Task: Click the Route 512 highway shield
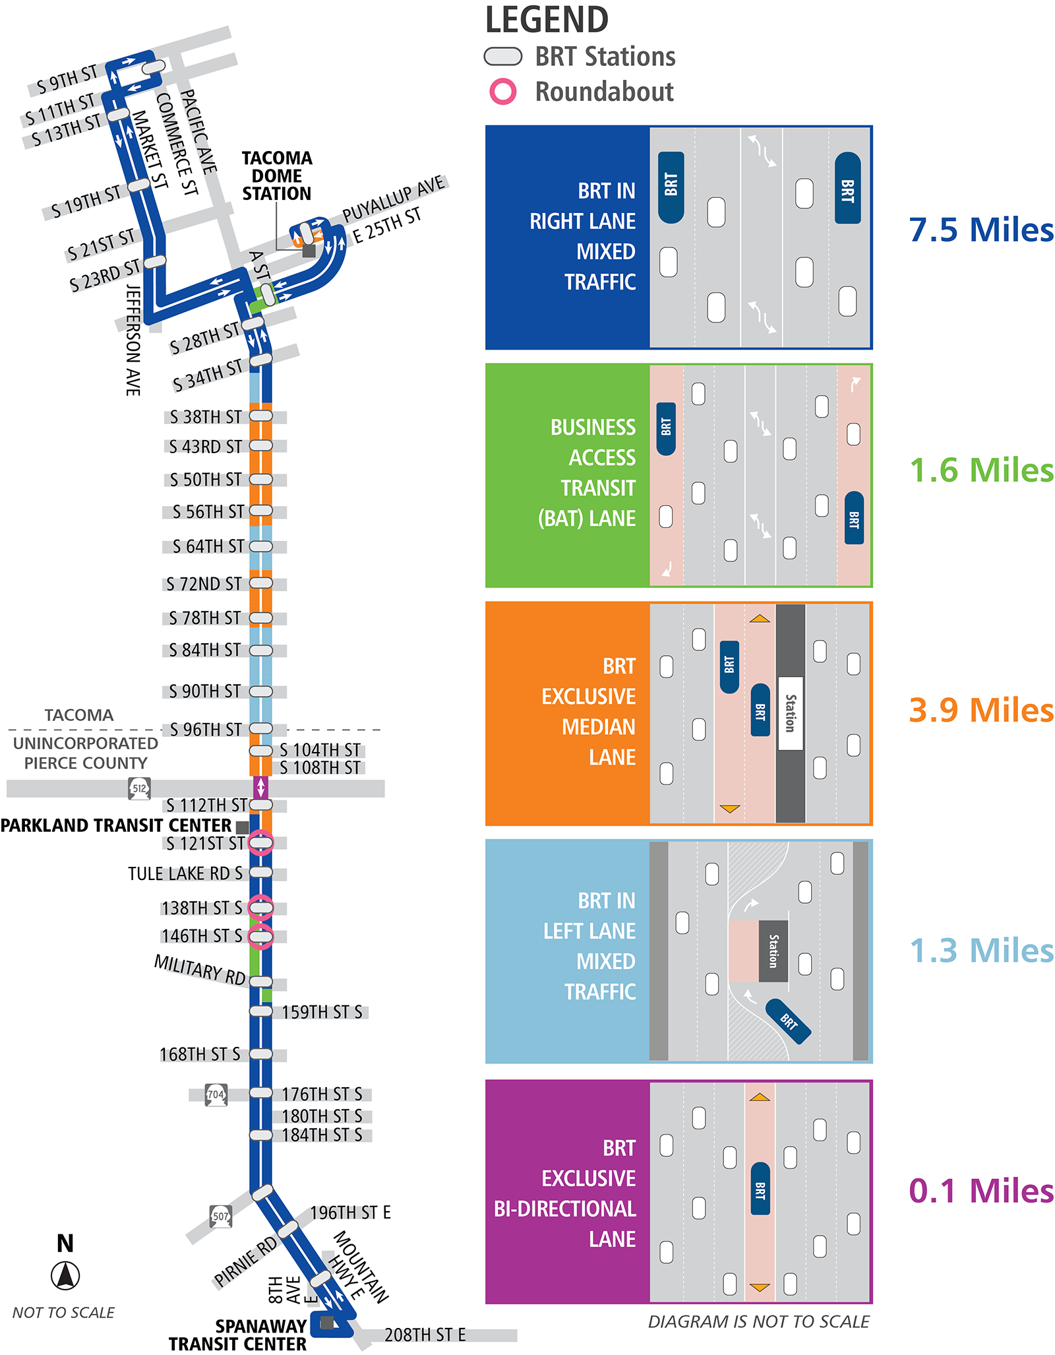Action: point(139,788)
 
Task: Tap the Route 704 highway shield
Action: point(216,1094)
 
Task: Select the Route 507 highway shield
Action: point(220,1216)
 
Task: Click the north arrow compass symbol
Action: point(65,1275)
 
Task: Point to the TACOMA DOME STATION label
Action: point(276,176)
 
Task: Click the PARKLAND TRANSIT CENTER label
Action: point(116,826)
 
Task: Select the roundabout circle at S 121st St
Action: point(260,842)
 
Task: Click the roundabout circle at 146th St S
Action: point(260,936)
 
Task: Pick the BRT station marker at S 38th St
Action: point(260,416)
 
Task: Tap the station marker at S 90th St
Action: point(260,691)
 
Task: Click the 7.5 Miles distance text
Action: point(980,230)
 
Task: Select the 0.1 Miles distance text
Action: point(980,1191)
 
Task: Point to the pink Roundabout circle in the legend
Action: point(502,92)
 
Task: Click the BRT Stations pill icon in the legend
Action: point(502,57)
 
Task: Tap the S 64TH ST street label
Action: point(208,546)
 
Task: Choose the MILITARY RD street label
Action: point(200,970)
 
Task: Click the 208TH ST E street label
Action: point(425,1335)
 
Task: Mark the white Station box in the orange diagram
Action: point(790,713)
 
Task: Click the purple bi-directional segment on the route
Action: point(260,788)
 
